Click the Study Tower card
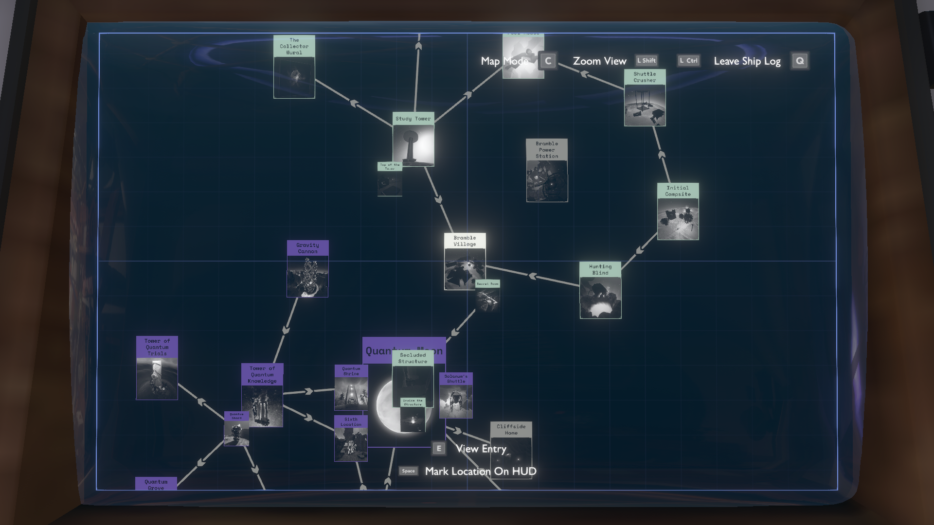pos(413,140)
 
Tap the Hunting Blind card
pos(600,290)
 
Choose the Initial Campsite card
pos(678,211)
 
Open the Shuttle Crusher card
pos(645,98)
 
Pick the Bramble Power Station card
pos(547,170)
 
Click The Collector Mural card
pos(294,67)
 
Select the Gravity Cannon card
pos(307,268)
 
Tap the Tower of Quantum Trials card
pos(157,367)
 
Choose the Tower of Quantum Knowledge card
pos(262,395)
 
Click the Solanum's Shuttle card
pos(456,395)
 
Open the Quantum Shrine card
pos(351,387)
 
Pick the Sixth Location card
pos(351,438)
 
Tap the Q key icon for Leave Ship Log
pos(800,61)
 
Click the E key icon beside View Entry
pos(439,449)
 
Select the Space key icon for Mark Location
pos(409,471)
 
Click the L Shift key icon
pos(647,61)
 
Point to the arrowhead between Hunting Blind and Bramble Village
pos(532,276)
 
